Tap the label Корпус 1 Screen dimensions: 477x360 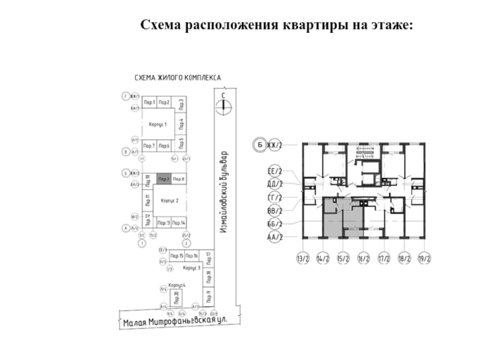[158, 125]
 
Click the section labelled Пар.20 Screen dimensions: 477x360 [177, 299]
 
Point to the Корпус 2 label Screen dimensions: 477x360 [170, 201]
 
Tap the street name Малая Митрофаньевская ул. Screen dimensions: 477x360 [175, 321]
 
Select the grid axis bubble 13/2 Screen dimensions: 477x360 [303, 258]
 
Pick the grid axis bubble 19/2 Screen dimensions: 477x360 [424, 258]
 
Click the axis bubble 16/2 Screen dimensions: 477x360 [363, 258]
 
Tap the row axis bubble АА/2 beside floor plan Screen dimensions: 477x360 [275, 237]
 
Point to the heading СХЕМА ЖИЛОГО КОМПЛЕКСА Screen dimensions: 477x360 [178, 78]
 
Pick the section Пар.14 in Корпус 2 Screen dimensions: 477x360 [178, 223]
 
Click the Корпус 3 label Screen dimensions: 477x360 [192, 268]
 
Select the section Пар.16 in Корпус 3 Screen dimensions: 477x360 [192, 256]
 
